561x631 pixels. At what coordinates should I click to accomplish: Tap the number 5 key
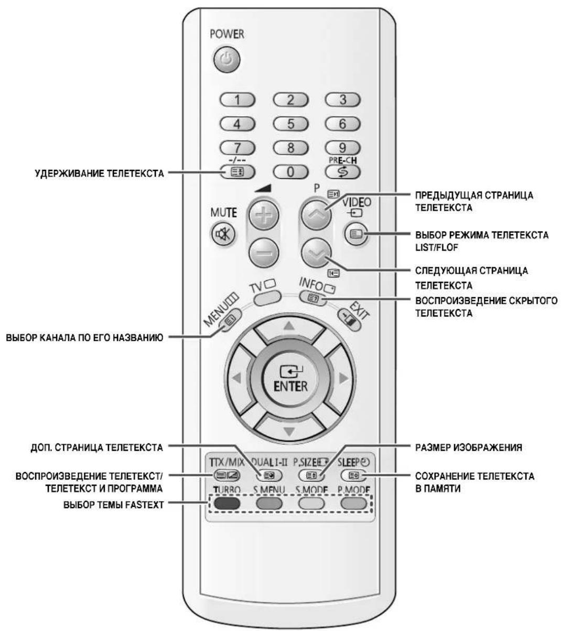(290, 124)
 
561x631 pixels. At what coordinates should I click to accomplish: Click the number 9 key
(342, 147)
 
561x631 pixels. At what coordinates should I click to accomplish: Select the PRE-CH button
(342, 171)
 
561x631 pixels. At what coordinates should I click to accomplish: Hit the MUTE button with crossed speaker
(223, 234)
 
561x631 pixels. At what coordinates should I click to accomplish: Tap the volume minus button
(264, 253)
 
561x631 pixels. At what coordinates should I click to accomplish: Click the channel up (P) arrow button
(316, 214)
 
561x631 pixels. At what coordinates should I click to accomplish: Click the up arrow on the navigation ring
(289, 330)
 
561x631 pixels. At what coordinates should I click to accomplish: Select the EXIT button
(350, 320)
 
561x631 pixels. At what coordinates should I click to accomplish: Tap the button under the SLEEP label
(354, 475)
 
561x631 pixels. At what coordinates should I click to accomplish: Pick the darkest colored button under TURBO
(227, 504)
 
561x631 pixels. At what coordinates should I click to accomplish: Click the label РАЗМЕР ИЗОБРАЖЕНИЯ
(469, 448)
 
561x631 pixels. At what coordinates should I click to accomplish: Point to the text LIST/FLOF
(437, 247)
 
